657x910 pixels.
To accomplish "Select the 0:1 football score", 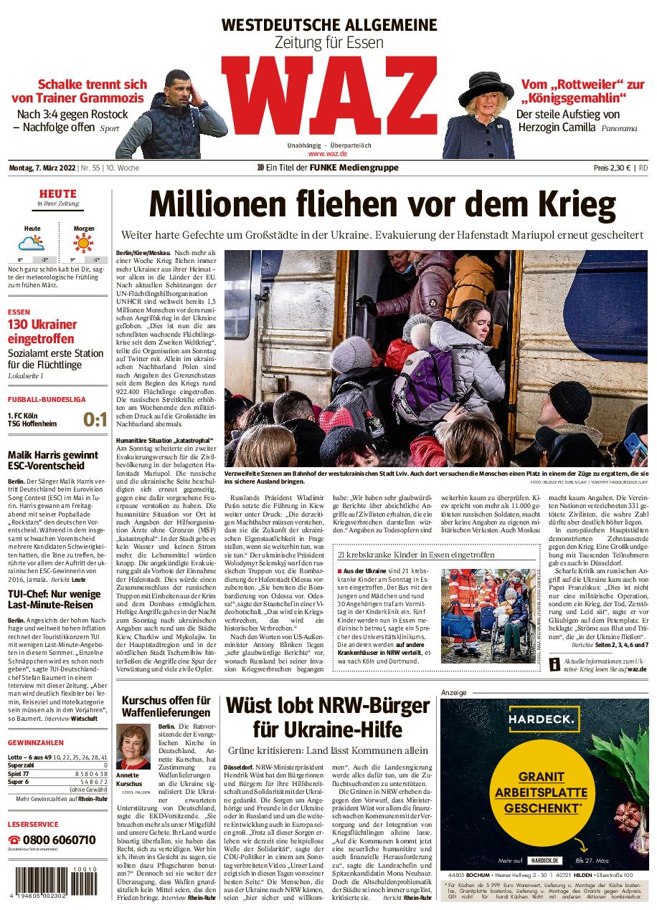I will tap(95, 420).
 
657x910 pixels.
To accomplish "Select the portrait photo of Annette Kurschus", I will tap(133, 747).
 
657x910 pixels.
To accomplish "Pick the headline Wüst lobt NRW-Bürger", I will tap(328, 719).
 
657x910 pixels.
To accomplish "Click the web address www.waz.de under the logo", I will tap(328, 153).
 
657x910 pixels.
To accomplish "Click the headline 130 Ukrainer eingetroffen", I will tap(42, 331).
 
